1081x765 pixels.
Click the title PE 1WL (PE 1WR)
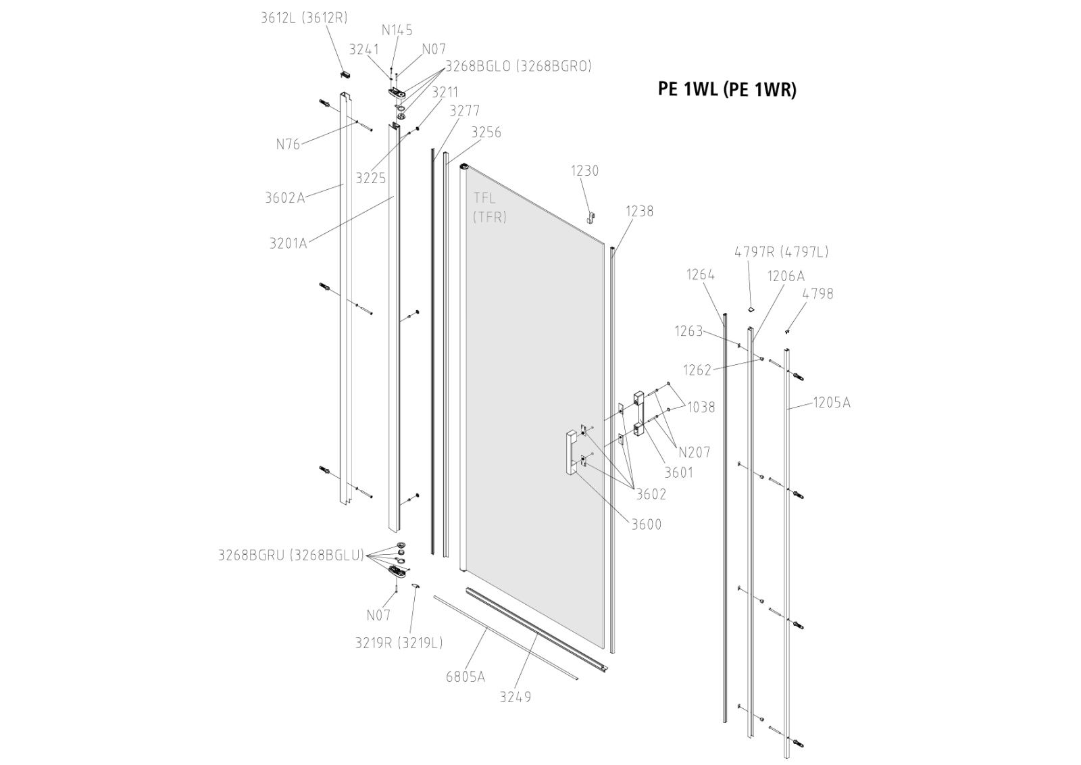(727, 90)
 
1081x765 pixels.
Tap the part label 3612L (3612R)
(304, 18)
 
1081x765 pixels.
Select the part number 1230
(584, 171)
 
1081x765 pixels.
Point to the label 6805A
(465, 676)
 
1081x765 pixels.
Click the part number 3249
(516, 697)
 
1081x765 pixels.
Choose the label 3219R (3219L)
(399, 643)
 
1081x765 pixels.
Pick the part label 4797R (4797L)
(781, 252)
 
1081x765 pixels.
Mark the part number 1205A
(831, 403)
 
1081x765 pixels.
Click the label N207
(695, 452)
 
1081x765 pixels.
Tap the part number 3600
(647, 524)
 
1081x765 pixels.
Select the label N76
(288, 144)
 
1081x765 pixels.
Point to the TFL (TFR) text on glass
(490, 207)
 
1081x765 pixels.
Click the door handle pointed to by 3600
(571, 453)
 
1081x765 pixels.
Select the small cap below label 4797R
(749, 308)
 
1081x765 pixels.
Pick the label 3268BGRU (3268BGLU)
(291, 556)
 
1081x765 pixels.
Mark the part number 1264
(701, 274)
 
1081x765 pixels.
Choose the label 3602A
(284, 198)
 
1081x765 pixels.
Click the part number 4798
(818, 294)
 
